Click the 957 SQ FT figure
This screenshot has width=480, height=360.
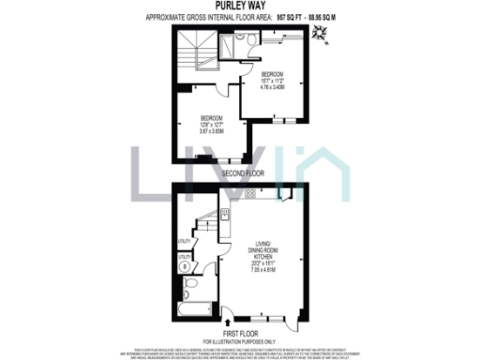tap(278, 18)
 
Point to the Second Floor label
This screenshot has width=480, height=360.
tap(243, 173)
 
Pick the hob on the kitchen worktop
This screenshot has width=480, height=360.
tap(250, 193)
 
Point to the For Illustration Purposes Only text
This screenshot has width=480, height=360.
tap(242, 338)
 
